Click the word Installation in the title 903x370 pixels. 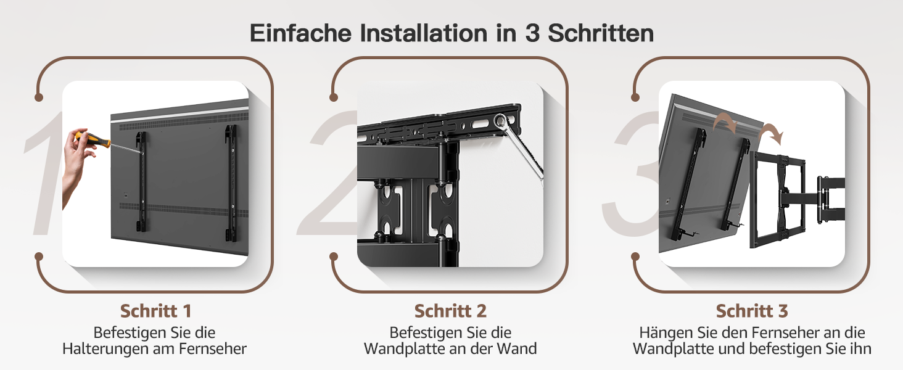point(423,33)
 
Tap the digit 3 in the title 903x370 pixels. point(532,33)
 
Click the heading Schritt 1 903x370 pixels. point(155,311)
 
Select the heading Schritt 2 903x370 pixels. point(450,311)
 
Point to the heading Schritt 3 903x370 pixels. point(752,311)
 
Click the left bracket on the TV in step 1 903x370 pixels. point(141,182)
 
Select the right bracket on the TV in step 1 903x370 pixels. point(231,183)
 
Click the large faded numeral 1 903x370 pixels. point(44,173)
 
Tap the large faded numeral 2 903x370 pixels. point(329,173)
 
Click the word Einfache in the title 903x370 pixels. point(301,33)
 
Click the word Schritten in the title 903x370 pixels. point(601,33)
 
